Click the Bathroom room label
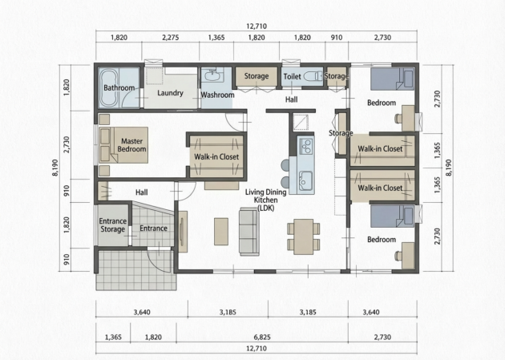119,88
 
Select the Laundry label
170,93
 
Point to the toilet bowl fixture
313,76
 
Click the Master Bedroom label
131,145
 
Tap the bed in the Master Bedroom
123,145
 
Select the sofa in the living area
249,232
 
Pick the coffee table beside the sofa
221,232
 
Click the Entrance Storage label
112,225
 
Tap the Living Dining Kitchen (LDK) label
265,200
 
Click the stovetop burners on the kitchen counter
305,146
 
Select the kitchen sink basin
305,180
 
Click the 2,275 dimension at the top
171,38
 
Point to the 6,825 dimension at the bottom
262,337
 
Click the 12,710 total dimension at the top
257,26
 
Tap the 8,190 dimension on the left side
55,168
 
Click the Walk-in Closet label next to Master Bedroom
216,157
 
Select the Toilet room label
292,76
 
